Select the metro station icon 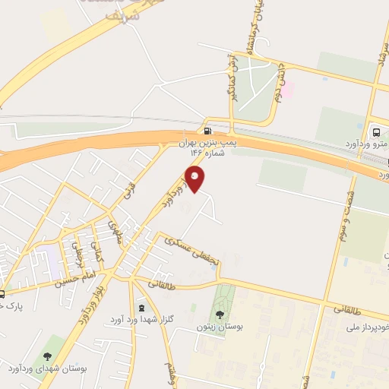pos(375,129)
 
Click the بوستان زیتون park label pos(219,327)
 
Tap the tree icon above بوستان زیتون pos(220,313)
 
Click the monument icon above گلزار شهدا pos(141,308)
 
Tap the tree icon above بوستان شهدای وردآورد pos(49,356)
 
